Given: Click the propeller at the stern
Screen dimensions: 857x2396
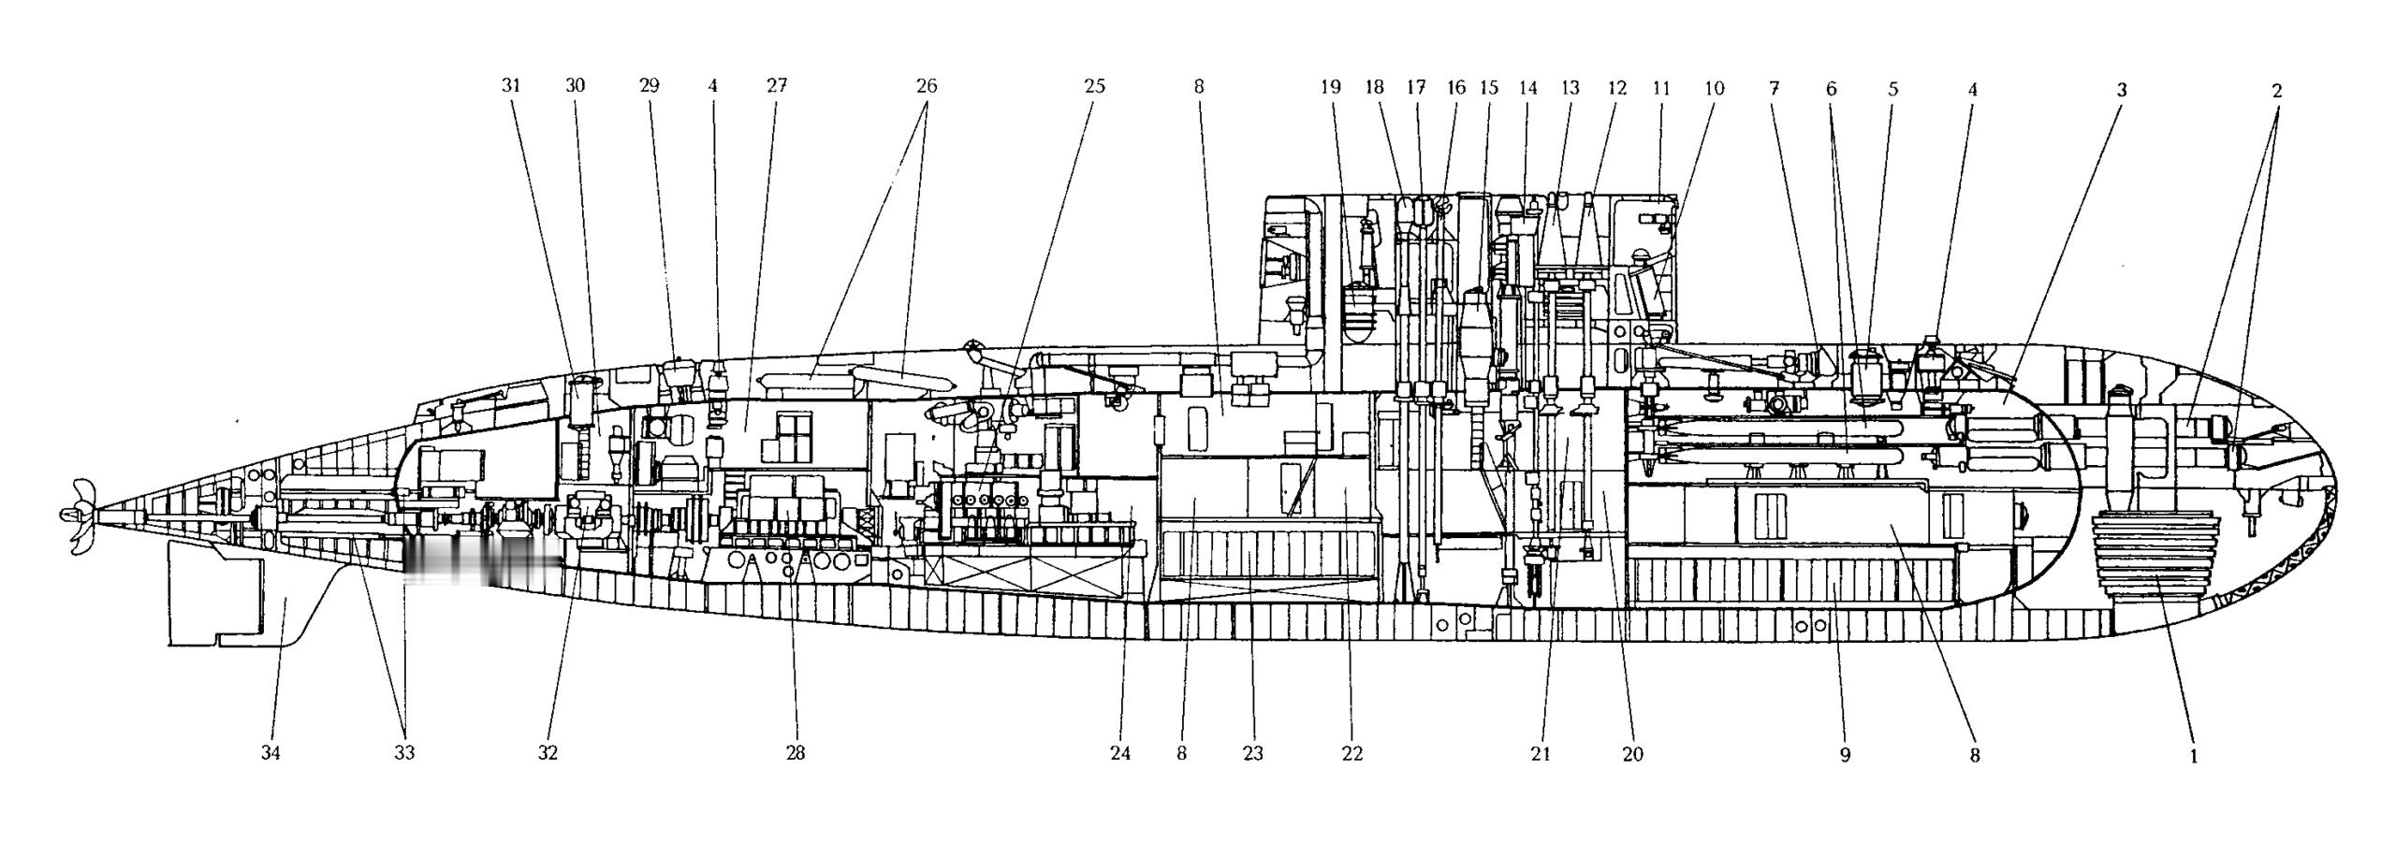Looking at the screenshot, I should tap(79, 514).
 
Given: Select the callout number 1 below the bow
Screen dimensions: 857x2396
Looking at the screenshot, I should tap(2192, 756).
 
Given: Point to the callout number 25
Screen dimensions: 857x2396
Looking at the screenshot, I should tap(1094, 87).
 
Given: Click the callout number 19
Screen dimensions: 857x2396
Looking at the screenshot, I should tap(1330, 88).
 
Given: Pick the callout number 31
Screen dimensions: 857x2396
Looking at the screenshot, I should tap(510, 86).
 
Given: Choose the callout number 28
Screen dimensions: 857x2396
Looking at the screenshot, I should tap(796, 753).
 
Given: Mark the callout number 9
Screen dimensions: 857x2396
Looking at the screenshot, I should tap(1845, 755).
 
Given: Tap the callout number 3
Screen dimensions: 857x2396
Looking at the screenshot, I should tap(2122, 91).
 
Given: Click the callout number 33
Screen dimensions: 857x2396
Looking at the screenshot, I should tap(404, 753).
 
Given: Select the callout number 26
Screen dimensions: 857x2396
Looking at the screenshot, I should tap(926, 86).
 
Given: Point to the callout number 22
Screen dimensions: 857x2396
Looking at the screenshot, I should tap(1351, 754).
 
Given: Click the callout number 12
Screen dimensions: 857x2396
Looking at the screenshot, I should tap(1617, 89).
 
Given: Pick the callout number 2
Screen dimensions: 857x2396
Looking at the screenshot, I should tap(2276, 91).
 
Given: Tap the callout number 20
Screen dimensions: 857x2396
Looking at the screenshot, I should tap(1632, 754).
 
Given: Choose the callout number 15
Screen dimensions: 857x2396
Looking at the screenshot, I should tap(1488, 89).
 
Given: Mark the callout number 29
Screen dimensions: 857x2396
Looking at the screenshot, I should tap(649, 86).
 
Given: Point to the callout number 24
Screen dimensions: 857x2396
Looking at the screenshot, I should tap(1120, 753).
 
